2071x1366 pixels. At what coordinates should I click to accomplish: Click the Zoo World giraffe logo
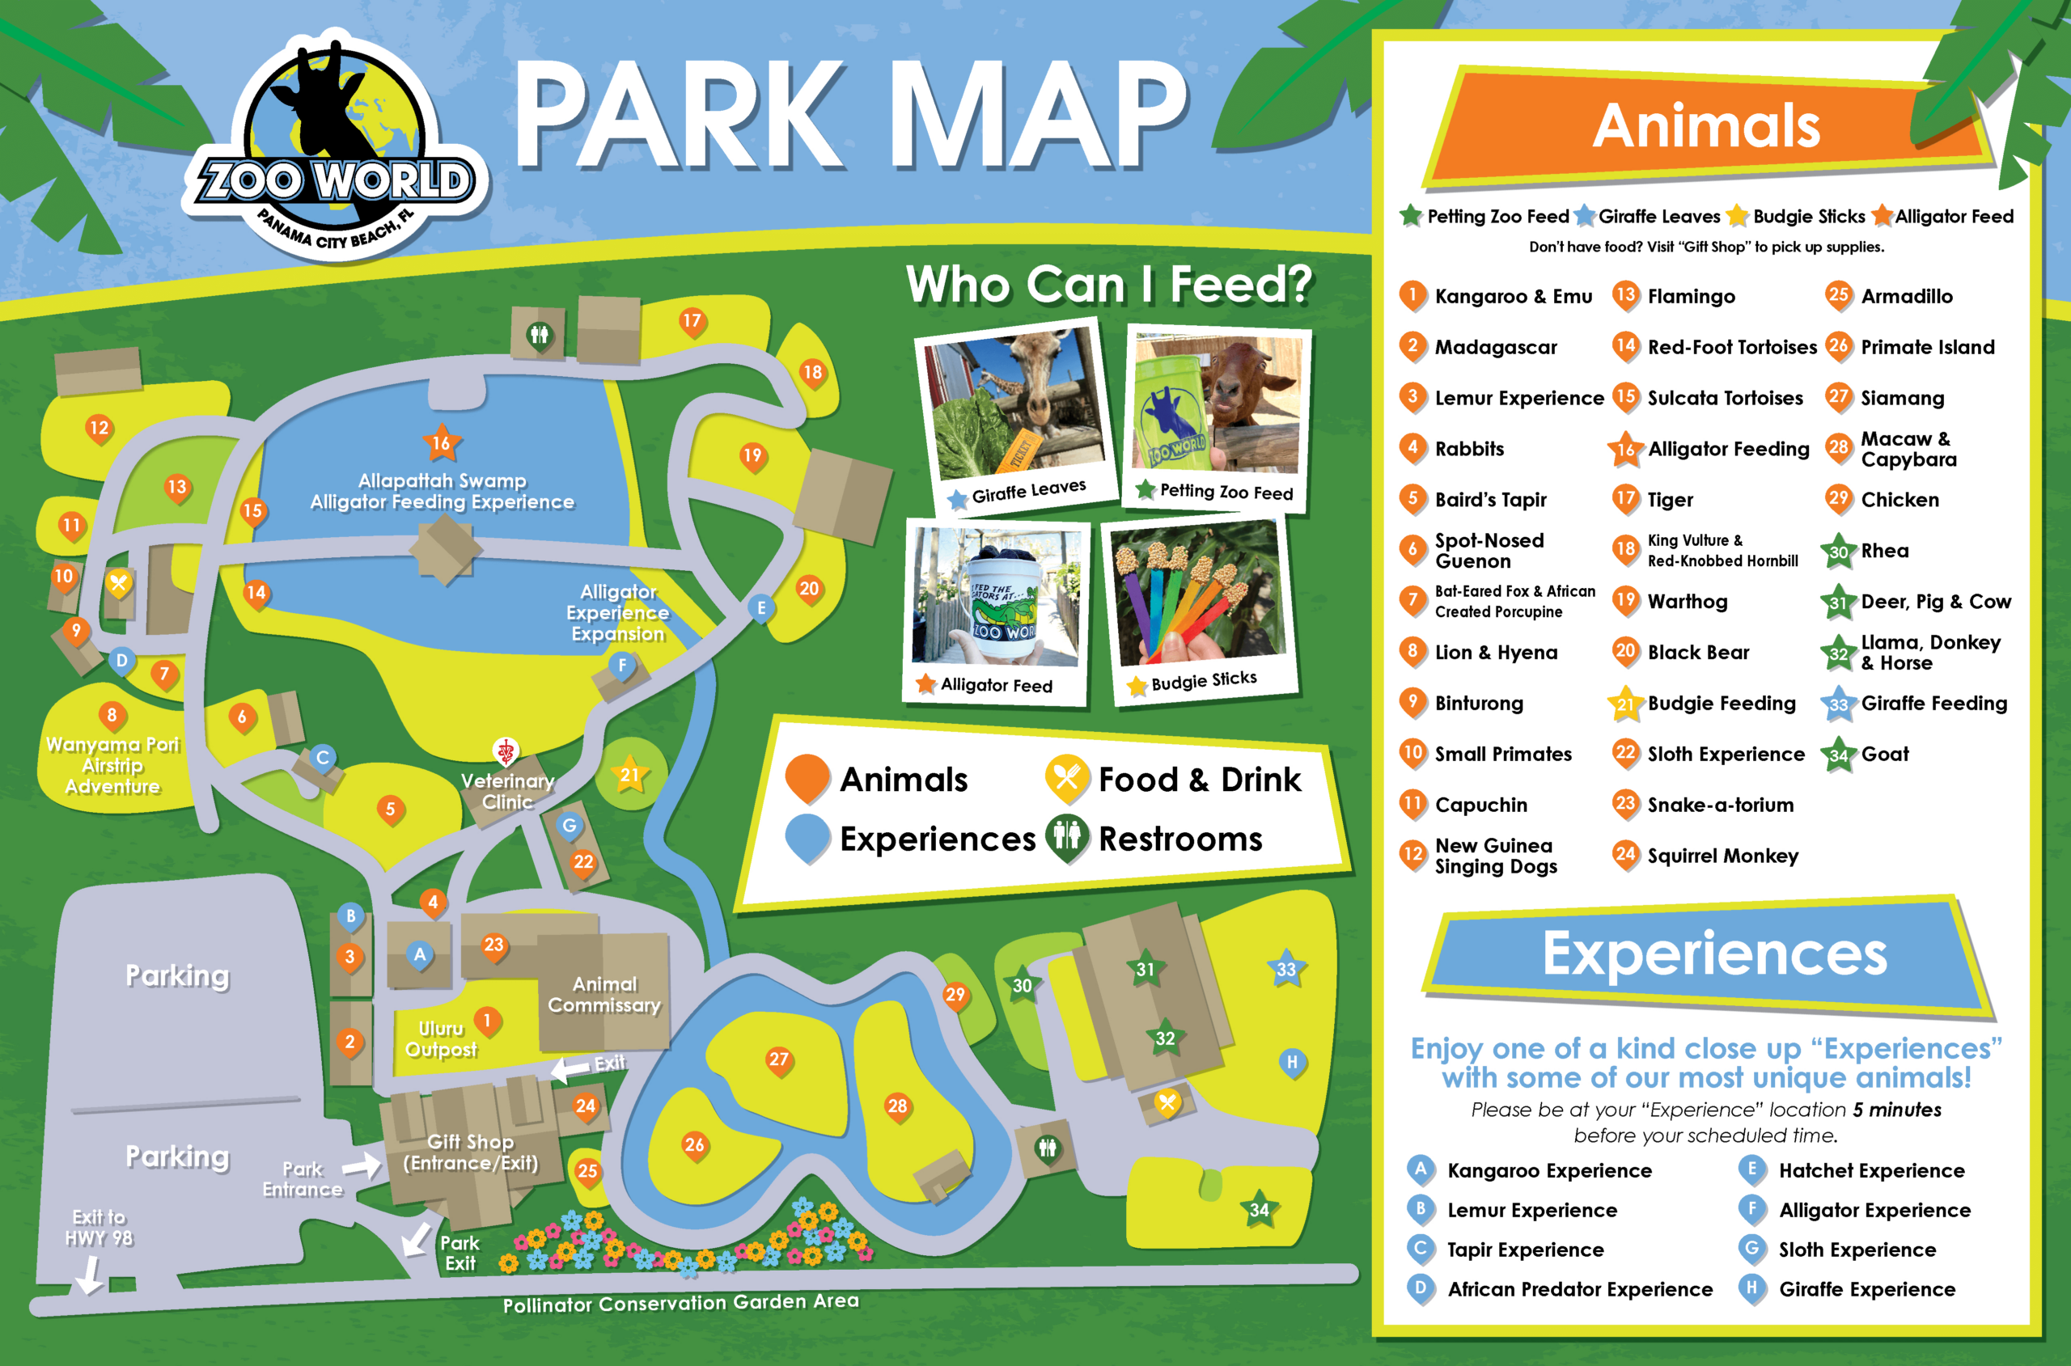point(337,148)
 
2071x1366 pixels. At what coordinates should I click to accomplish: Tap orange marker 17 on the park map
point(692,321)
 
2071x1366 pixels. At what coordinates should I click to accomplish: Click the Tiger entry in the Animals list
point(1670,500)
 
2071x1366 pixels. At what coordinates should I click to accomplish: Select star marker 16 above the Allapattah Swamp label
point(442,443)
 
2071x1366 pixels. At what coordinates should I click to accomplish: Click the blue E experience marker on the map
point(761,608)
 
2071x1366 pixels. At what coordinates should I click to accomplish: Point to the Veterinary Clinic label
point(507,791)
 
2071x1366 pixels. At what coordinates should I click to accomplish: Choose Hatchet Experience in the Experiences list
point(1870,1171)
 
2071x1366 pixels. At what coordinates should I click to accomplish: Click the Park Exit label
point(460,1253)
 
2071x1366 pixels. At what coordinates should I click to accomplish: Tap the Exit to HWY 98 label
point(100,1228)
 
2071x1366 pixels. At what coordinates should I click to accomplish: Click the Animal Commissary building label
point(604,994)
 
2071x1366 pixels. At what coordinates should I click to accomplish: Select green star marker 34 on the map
point(1259,1210)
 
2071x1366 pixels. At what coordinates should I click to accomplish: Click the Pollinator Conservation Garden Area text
point(680,1303)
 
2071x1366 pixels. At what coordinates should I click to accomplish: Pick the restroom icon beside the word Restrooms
point(1067,838)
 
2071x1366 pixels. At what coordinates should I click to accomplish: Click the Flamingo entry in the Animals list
point(1690,297)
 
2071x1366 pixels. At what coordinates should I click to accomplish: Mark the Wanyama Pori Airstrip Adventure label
point(112,766)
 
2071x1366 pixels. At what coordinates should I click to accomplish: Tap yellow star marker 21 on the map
point(629,775)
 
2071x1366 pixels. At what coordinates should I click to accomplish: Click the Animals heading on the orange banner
point(1706,126)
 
